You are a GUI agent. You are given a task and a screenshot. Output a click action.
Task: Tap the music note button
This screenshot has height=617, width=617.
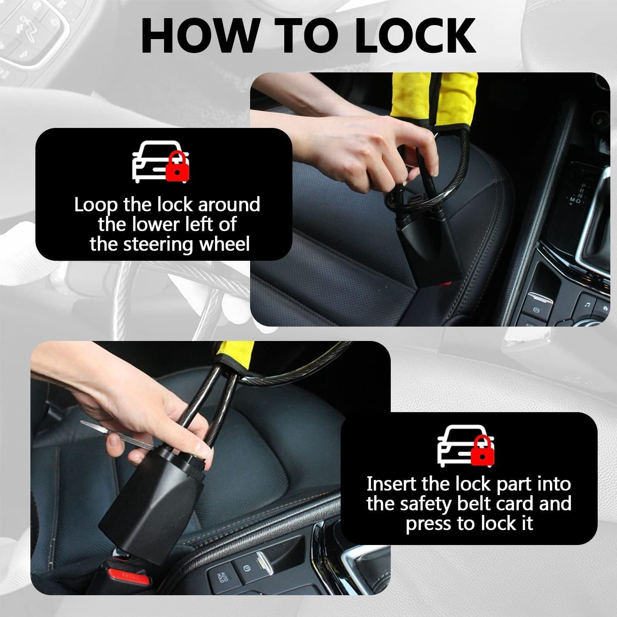coord(587,304)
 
